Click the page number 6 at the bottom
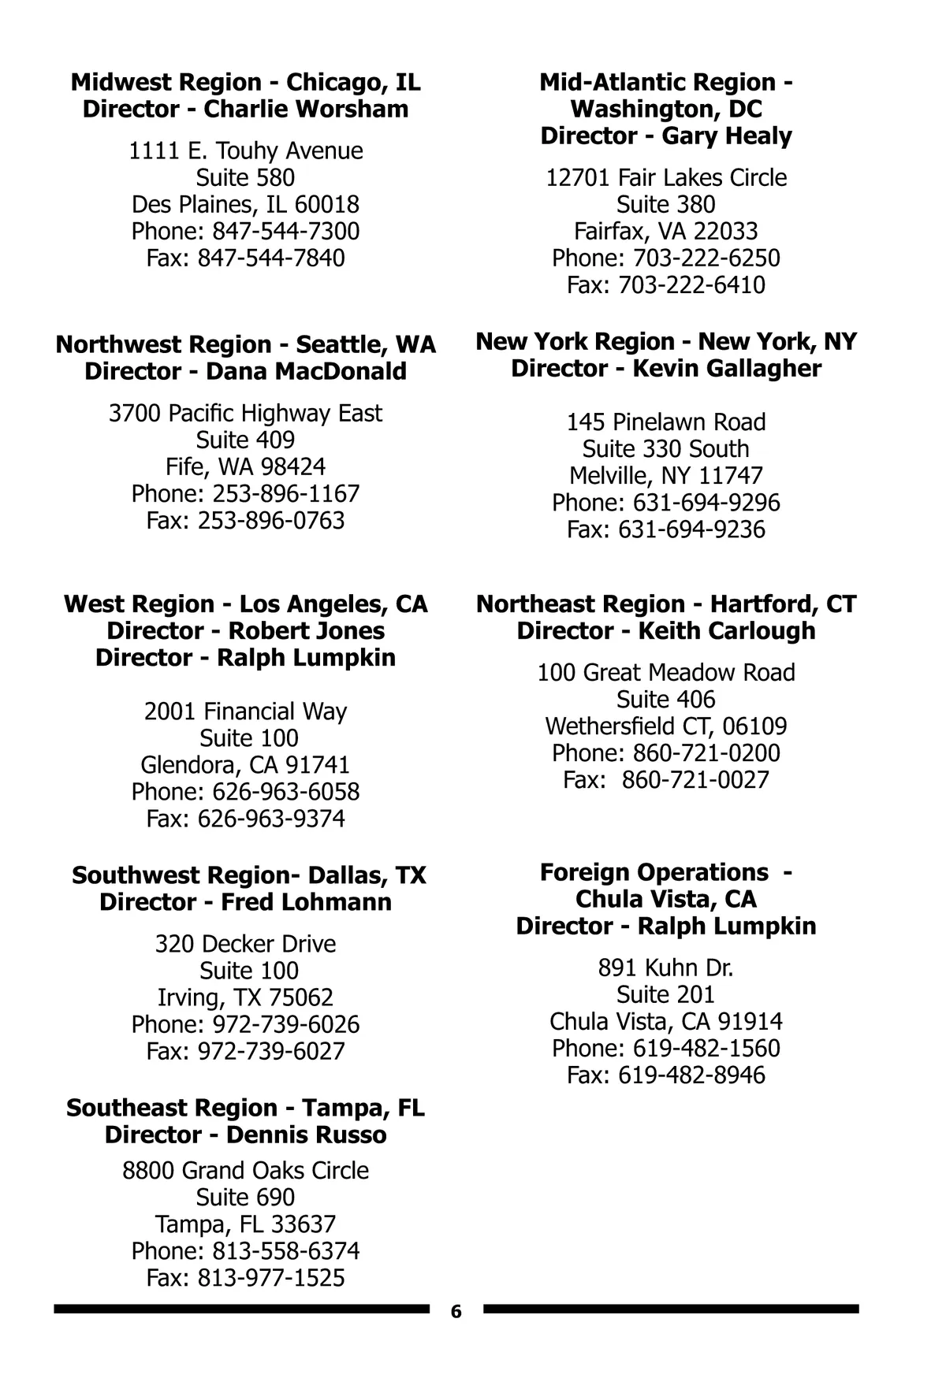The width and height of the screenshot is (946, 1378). (x=456, y=1312)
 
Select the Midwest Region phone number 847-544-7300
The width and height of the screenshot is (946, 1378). (x=285, y=232)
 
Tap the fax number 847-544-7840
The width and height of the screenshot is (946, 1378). (x=270, y=258)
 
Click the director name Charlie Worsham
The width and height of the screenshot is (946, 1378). (x=306, y=110)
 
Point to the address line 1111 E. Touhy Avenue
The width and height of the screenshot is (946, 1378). (x=246, y=150)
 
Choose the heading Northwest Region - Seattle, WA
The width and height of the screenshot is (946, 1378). (x=246, y=345)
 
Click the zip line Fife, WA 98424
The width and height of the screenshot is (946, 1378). (x=246, y=467)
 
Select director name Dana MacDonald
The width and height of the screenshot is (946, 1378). (x=306, y=372)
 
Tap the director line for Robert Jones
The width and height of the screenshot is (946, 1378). (x=246, y=631)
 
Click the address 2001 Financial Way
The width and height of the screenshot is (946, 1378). (x=246, y=711)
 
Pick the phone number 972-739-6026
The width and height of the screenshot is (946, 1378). (x=285, y=1025)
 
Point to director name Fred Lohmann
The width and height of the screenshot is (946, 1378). (x=306, y=902)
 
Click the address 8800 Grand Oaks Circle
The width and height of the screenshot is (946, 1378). (x=246, y=1171)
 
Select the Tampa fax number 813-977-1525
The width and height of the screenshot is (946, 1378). (x=270, y=1278)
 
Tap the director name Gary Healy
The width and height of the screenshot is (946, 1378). (x=726, y=136)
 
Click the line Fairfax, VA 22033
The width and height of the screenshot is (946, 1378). (x=666, y=232)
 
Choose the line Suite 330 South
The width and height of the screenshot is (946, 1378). (x=666, y=449)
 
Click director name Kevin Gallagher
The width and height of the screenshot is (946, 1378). (x=726, y=369)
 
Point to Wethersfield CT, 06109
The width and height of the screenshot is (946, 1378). (x=666, y=726)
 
